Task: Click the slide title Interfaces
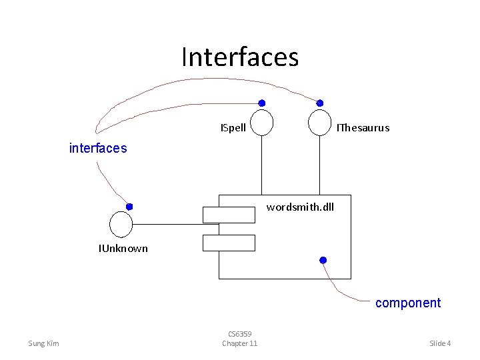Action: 240,57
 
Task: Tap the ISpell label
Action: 233,127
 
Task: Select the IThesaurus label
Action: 363,127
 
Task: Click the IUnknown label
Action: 123,249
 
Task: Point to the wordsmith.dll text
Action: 300,207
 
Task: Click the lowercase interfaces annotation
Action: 98,148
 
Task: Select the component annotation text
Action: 408,303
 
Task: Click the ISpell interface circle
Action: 262,123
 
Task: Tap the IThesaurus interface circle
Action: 320,123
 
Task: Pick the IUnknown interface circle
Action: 121,224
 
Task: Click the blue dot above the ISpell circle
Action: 262,103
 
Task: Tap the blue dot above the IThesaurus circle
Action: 320,103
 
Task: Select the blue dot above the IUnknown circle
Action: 129,207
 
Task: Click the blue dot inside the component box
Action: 323,259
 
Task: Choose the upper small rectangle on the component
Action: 229,215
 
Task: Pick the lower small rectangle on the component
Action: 229,243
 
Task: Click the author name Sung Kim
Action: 43,343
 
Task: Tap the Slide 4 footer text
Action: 440,343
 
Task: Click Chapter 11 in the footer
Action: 239,343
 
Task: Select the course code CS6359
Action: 239,333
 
